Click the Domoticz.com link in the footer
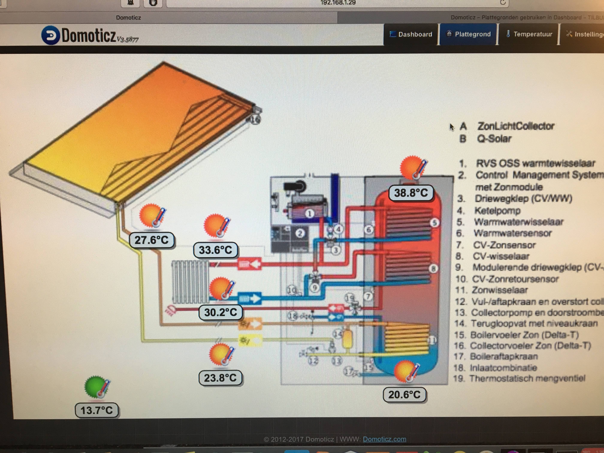(x=384, y=439)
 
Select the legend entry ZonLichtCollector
(x=515, y=126)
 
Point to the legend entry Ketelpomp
(x=497, y=210)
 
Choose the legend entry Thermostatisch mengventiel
(x=527, y=378)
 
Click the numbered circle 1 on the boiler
(x=309, y=213)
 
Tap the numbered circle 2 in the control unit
(x=300, y=233)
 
